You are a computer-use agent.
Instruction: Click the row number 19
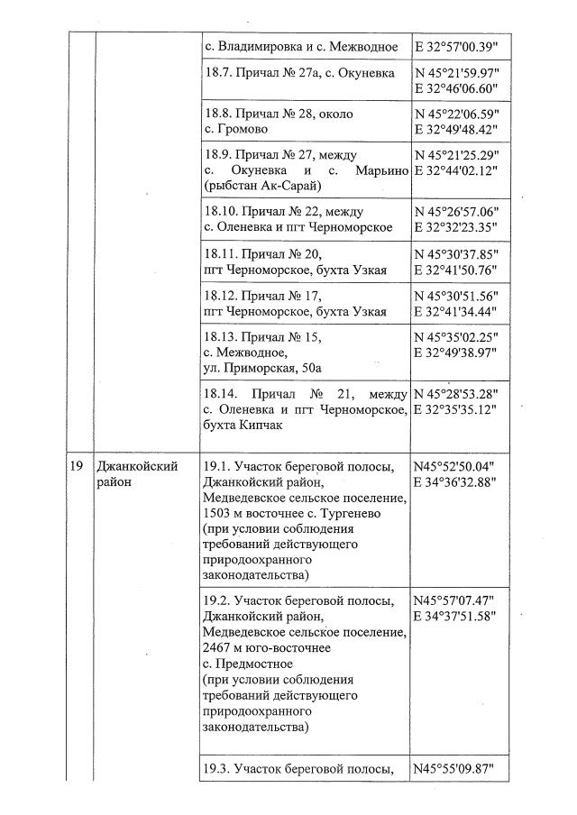(78, 466)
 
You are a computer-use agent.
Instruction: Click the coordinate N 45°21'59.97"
(456, 73)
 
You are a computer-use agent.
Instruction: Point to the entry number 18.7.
(220, 73)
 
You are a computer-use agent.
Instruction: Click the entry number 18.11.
(223, 254)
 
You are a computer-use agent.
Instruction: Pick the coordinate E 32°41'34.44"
(456, 312)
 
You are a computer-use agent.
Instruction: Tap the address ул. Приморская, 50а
(262, 369)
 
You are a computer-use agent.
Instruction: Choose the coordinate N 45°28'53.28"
(456, 394)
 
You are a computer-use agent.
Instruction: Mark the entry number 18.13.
(223, 337)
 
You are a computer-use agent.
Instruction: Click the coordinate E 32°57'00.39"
(456, 45)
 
